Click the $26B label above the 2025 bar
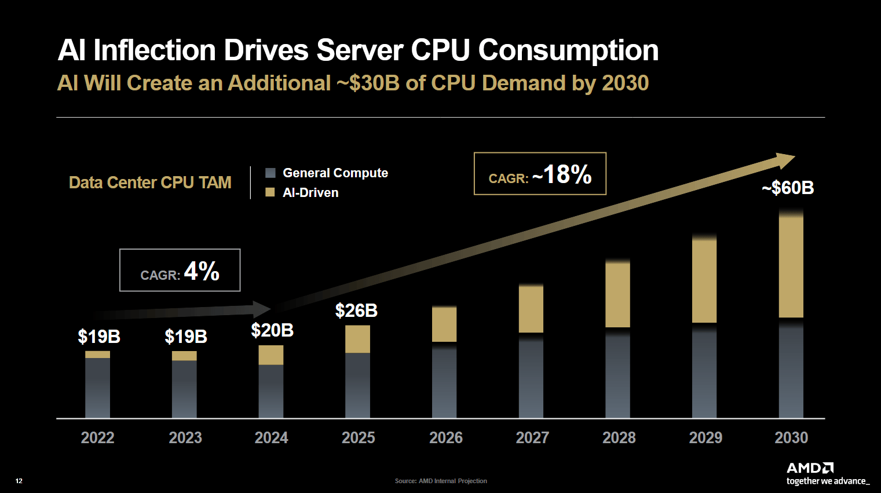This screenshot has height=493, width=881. (x=356, y=311)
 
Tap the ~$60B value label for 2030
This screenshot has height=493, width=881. (x=788, y=188)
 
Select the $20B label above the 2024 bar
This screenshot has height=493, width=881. (x=272, y=331)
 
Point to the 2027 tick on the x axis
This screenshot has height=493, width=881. (x=532, y=437)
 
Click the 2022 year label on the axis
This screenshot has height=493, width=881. (x=97, y=437)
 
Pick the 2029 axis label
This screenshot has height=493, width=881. (x=705, y=437)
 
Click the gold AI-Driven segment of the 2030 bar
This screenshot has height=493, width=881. (x=791, y=266)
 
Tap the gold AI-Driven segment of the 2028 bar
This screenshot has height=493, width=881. (x=617, y=294)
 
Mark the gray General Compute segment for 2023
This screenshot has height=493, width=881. (x=184, y=389)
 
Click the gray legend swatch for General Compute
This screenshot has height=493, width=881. (x=270, y=173)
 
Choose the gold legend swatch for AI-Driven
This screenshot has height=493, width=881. (x=270, y=192)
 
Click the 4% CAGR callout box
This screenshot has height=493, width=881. (x=180, y=271)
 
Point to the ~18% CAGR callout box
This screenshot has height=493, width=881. (x=540, y=174)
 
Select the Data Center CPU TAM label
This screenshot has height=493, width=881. (x=150, y=182)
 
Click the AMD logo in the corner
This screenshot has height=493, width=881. (x=810, y=468)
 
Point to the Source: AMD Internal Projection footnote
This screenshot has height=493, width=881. (x=441, y=481)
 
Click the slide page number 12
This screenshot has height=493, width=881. (x=19, y=481)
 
